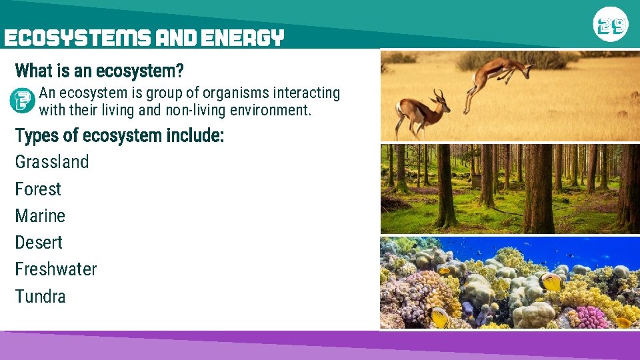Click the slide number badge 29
611,25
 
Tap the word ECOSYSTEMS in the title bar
77,38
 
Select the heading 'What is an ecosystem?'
99,71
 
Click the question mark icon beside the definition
22,100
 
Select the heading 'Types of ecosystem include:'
119,136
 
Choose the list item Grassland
51,162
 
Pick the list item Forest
38,189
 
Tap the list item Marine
40,216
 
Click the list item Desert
39,243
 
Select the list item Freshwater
56,269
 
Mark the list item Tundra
40,297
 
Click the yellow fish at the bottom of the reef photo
440,317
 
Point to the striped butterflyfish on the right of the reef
552,282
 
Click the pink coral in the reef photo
591,317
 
